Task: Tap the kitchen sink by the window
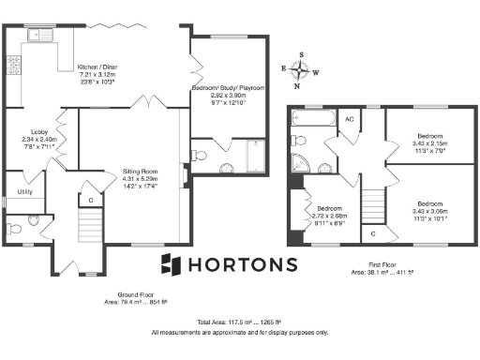pos(41,36)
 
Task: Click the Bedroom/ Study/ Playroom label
pos(229,87)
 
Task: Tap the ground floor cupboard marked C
pos(91,200)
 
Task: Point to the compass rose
pos(300,71)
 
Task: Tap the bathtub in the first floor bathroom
pos(309,119)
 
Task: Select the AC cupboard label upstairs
pos(348,119)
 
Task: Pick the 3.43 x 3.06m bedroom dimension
pos(430,211)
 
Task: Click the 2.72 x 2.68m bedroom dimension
pos(329,216)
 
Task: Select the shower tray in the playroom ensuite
pos(255,156)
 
